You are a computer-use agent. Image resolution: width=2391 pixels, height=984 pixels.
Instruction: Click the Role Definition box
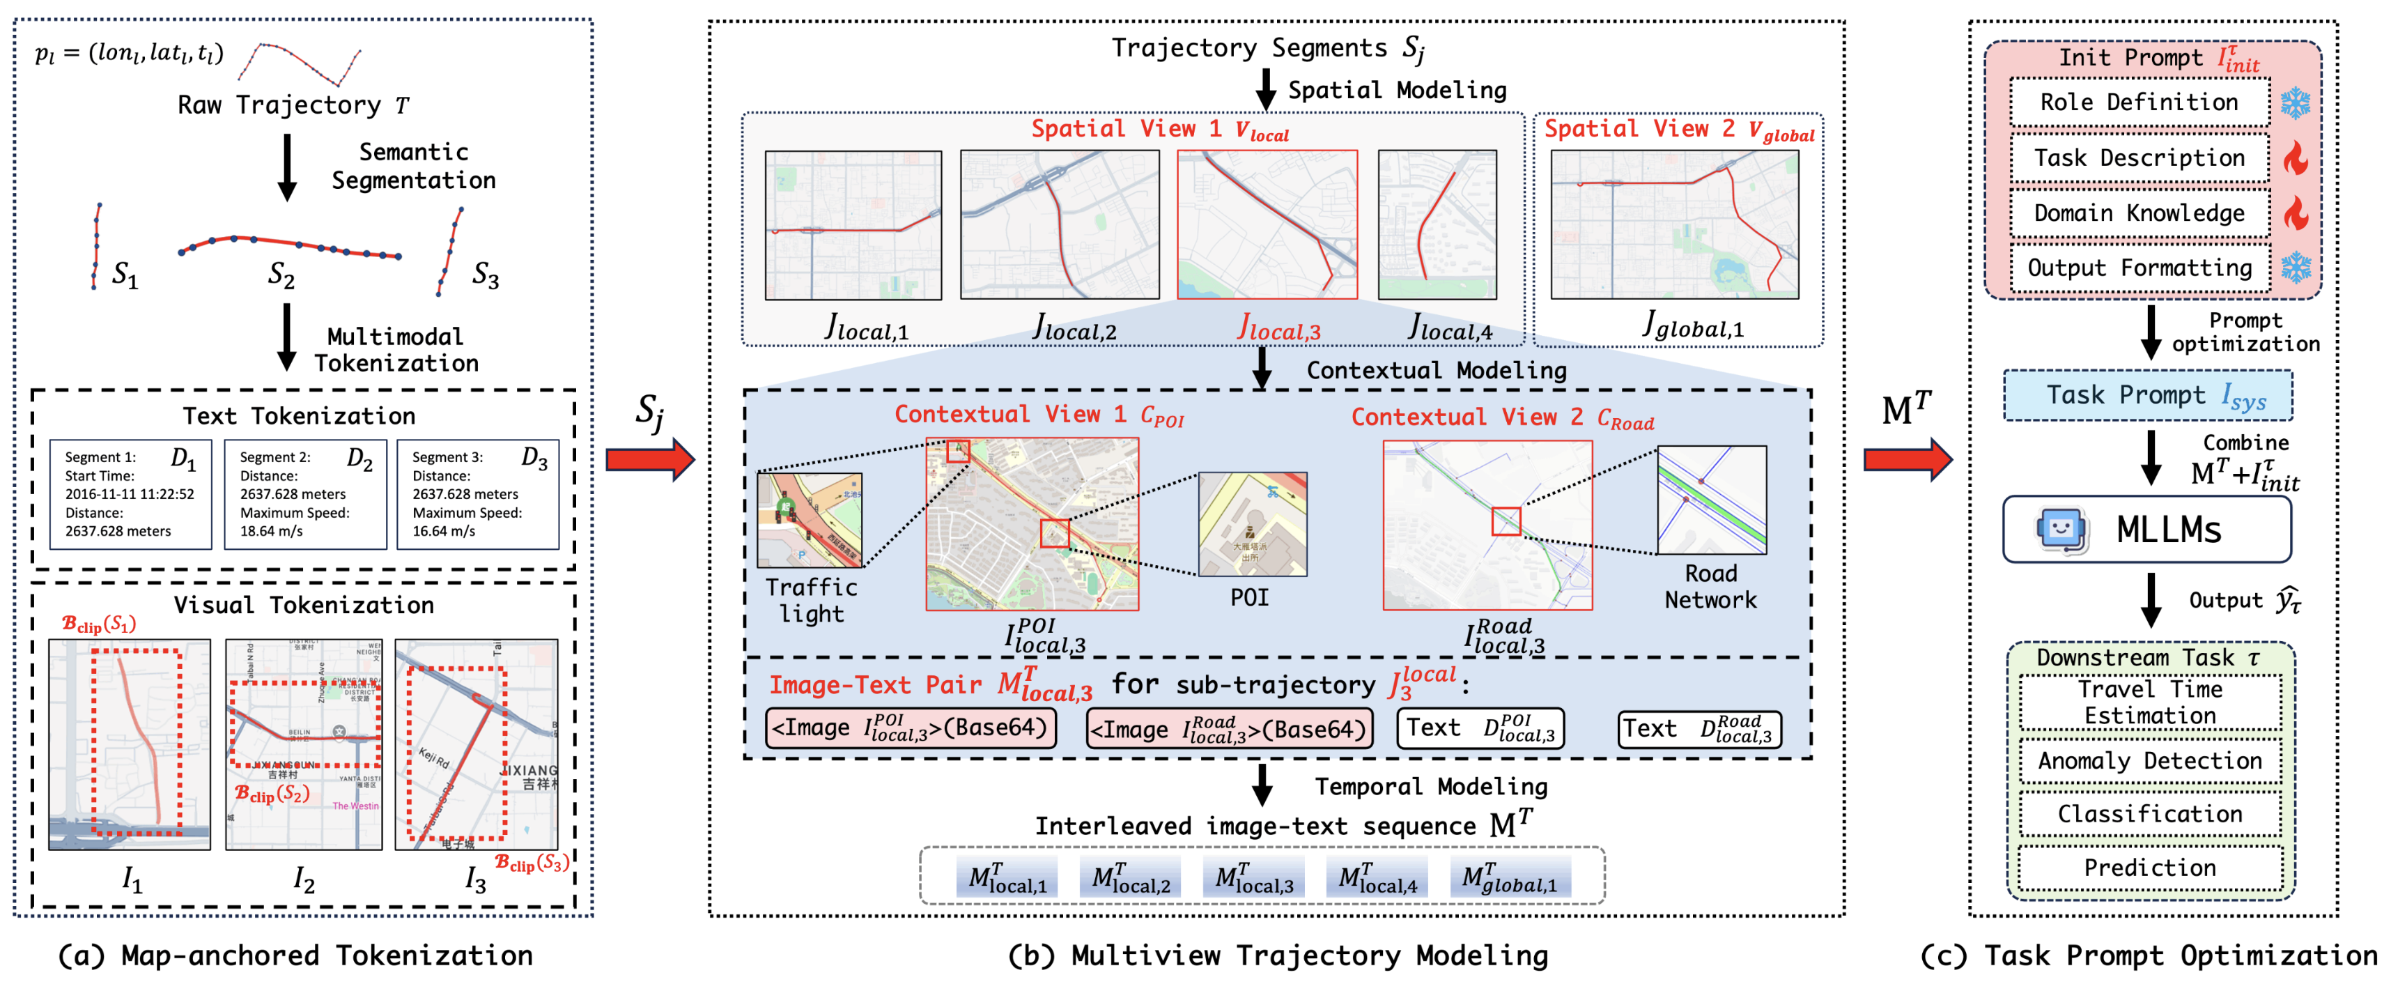click(2139, 102)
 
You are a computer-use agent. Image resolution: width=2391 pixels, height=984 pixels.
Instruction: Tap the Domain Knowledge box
click(2139, 213)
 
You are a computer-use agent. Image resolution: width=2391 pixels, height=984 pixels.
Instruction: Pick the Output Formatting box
click(2139, 268)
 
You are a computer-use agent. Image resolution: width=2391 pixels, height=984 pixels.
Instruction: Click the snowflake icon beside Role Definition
click(2296, 102)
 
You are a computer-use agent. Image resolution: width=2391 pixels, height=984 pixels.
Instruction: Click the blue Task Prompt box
click(2147, 395)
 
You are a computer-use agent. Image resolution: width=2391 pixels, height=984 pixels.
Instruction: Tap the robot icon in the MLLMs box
click(2061, 529)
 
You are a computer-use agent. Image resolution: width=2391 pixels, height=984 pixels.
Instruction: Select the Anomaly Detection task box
click(2150, 761)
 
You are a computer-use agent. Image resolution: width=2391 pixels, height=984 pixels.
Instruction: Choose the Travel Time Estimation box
click(2150, 702)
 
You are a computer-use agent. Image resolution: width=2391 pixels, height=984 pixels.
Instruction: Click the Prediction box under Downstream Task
click(2150, 868)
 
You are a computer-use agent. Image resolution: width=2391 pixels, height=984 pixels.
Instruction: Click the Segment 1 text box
click(130, 494)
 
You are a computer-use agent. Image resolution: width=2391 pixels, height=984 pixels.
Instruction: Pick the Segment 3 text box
click(478, 494)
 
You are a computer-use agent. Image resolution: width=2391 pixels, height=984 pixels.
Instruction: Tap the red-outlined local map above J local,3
click(1267, 224)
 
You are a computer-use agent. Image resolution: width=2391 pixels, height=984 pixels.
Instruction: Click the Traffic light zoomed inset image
click(810, 520)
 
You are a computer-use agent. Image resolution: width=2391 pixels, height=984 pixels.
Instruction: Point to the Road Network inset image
click(1712, 500)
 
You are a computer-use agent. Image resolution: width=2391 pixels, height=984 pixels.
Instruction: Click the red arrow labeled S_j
click(650, 459)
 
